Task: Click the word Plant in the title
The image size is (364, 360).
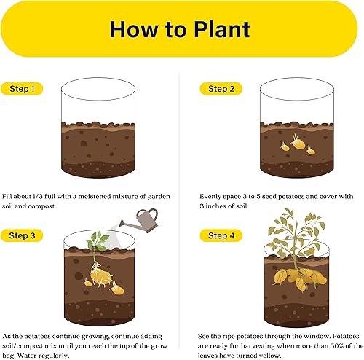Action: point(215,29)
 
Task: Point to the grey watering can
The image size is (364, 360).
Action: point(146,217)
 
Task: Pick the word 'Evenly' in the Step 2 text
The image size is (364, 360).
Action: point(211,197)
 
